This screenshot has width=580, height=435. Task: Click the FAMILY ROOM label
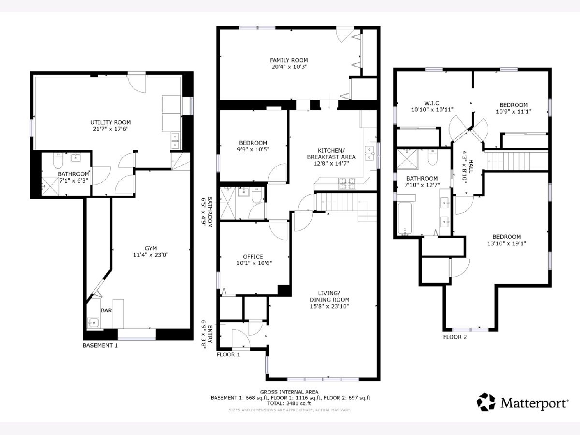pyautogui.click(x=289, y=60)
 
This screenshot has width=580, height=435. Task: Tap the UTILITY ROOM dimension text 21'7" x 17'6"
pyautogui.click(x=111, y=129)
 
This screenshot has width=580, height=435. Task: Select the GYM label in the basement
pyautogui.click(x=151, y=248)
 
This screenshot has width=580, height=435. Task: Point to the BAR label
pyautogui.click(x=106, y=311)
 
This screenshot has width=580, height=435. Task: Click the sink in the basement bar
pyautogui.click(x=93, y=323)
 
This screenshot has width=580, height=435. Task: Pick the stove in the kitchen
pyautogui.click(x=347, y=184)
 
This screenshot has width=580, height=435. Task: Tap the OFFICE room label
pyautogui.click(x=253, y=257)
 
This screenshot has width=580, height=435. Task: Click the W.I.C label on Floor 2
pyautogui.click(x=432, y=103)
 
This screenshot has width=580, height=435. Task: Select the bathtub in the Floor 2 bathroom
pyautogui.click(x=405, y=218)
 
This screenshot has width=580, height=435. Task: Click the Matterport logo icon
pyautogui.click(x=486, y=402)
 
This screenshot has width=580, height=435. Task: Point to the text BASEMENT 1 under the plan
pyautogui.click(x=100, y=346)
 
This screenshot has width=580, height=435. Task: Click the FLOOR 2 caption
pyautogui.click(x=455, y=337)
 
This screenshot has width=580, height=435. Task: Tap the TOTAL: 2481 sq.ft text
pyautogui.click(x=289, y=403)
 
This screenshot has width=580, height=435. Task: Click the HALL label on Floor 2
pyautogui.click(x=471, y=166)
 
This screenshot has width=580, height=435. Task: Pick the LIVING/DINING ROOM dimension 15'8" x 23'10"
pyautogui.click(x=329, y=306)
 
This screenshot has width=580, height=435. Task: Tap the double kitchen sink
pyautogui.click(x=370, y=153)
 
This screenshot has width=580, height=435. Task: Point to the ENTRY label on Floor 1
pyautogui.click(x=210, y=334)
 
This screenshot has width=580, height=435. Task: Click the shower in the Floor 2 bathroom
pyautogui.click(x=407, y=159)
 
